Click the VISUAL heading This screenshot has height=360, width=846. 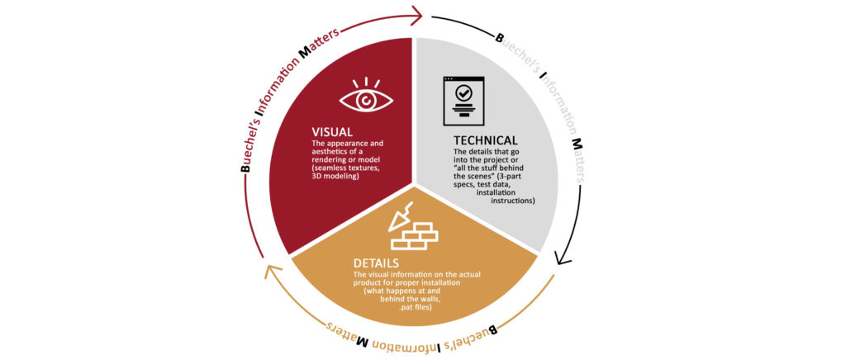point(332,131)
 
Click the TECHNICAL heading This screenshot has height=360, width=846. point(486,140)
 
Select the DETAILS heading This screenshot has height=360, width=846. point(376,263)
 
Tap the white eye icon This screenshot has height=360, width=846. point(366,97)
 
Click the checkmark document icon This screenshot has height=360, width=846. point(463,101)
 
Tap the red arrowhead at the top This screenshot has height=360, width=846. point(416,16)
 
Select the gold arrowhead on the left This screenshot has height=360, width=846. point(273,272)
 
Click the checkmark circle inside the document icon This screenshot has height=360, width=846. point(463,93)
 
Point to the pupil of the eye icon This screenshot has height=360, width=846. point(366,100)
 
